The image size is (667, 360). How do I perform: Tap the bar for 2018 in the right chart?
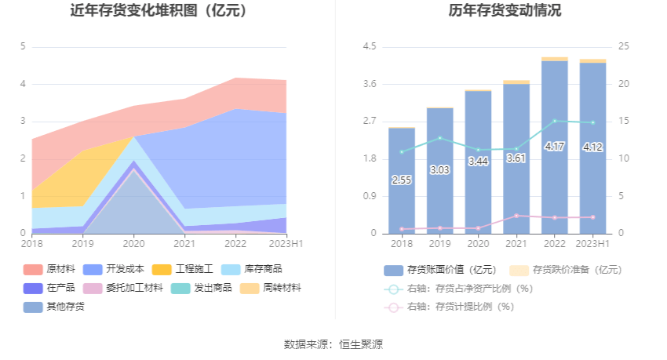[402, 180]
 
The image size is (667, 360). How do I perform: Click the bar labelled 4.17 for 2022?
[554, 147]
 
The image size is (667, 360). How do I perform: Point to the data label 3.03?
[439, 169]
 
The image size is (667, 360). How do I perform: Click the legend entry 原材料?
[60, 269]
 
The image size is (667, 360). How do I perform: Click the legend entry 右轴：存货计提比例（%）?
[458, 307]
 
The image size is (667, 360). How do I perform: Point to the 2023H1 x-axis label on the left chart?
[286, 244]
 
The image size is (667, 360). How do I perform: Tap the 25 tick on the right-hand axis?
[623, 47]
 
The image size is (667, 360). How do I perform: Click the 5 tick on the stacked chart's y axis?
[23, 47]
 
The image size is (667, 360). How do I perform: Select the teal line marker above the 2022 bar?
[554, 121]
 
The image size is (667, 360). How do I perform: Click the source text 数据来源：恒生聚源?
[333, 344]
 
